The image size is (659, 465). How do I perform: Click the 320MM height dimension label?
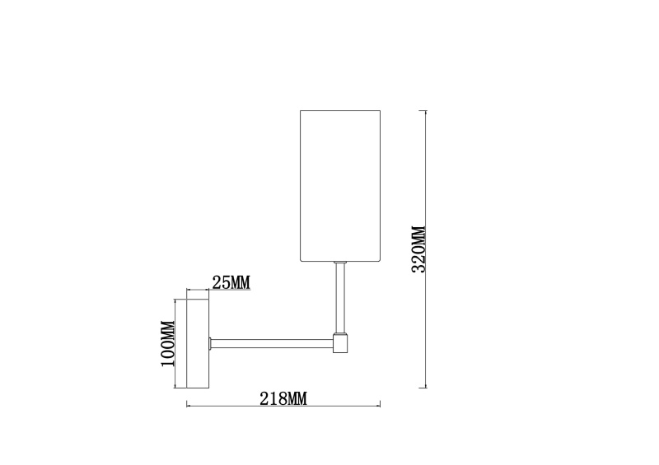click(x=418, y=249)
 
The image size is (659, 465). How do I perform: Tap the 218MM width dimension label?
click(x=283, y=398)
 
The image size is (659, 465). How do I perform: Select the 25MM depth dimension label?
click(x=231, y=282)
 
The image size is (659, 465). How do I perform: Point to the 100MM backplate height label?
click(x=168, y=343)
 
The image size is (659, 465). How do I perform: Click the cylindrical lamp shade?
click(x=340, y=186)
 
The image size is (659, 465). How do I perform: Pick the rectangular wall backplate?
click(x=198, y=343)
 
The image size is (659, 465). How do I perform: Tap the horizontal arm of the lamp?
click(x=272, y=343)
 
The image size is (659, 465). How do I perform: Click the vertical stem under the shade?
click(x=340, y=298)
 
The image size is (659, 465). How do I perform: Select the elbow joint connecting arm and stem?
click(x=340, y=342)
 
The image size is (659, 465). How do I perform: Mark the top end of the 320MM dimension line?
click(x=426, y=111)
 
